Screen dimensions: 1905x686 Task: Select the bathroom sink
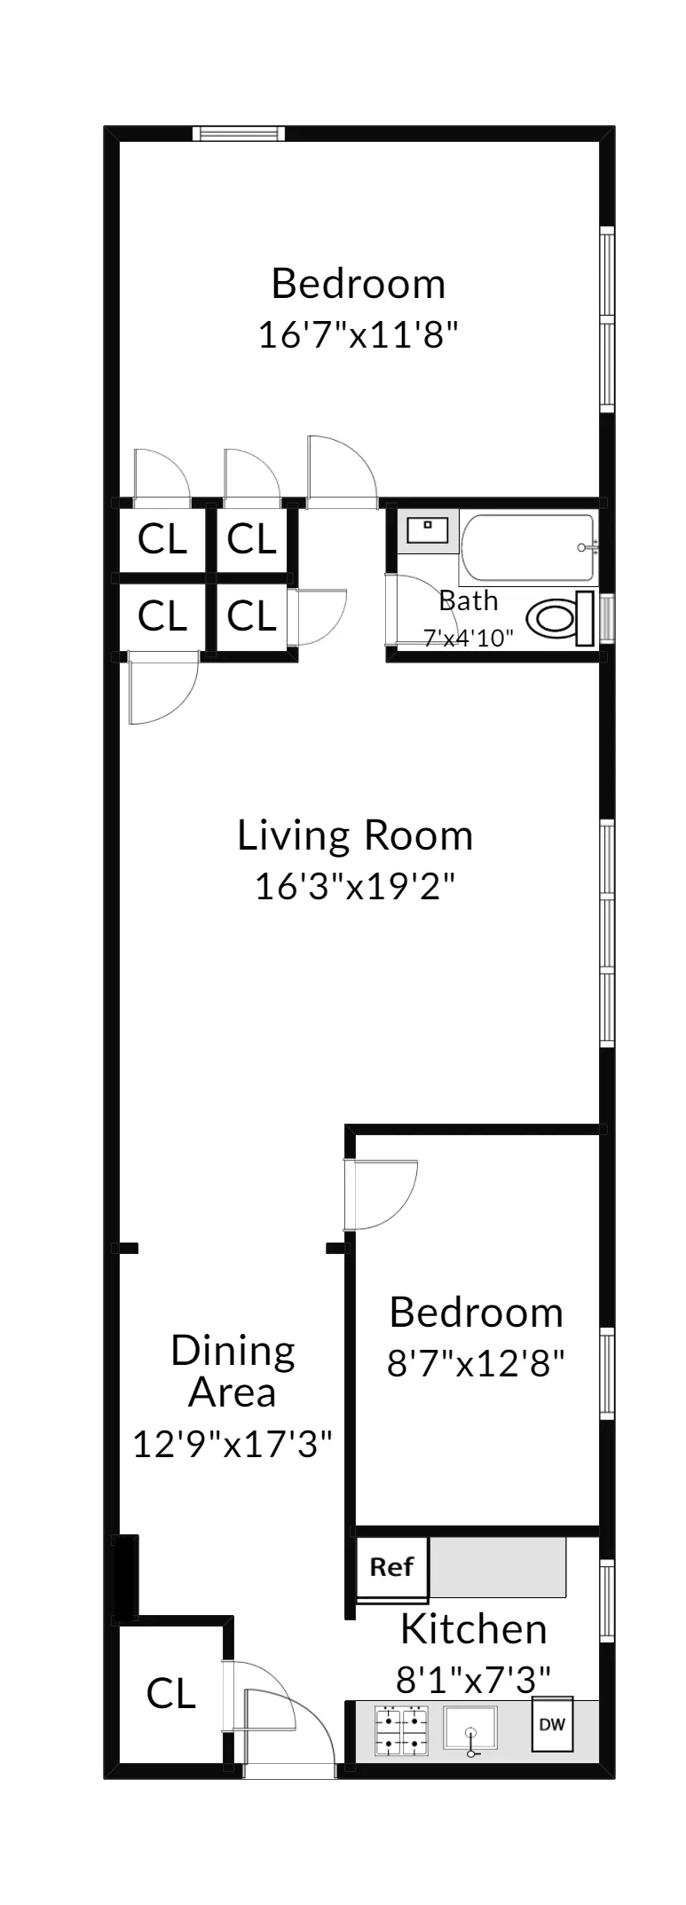coord(428,530)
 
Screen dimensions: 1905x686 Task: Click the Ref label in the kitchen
coord(391,1567)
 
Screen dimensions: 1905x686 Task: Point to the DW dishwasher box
coord(552,1725)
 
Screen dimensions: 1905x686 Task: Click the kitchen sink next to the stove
coord(469,1730)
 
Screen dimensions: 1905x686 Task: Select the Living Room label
coord(355,835)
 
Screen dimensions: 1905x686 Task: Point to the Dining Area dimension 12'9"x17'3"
coord(233,1444)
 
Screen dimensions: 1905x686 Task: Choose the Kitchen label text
coord(473,1629)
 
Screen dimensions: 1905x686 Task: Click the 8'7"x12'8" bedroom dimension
coord(476,1363)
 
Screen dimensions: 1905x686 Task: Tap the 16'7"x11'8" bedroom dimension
coord(358,335)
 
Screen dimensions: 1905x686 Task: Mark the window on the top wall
coord(240,134)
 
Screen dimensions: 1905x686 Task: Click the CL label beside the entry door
coord(170,1694)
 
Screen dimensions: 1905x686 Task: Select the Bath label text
coord(469,601)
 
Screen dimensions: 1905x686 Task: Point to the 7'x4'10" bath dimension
coord(469,638)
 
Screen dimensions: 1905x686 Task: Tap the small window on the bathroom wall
coord(607,618)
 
